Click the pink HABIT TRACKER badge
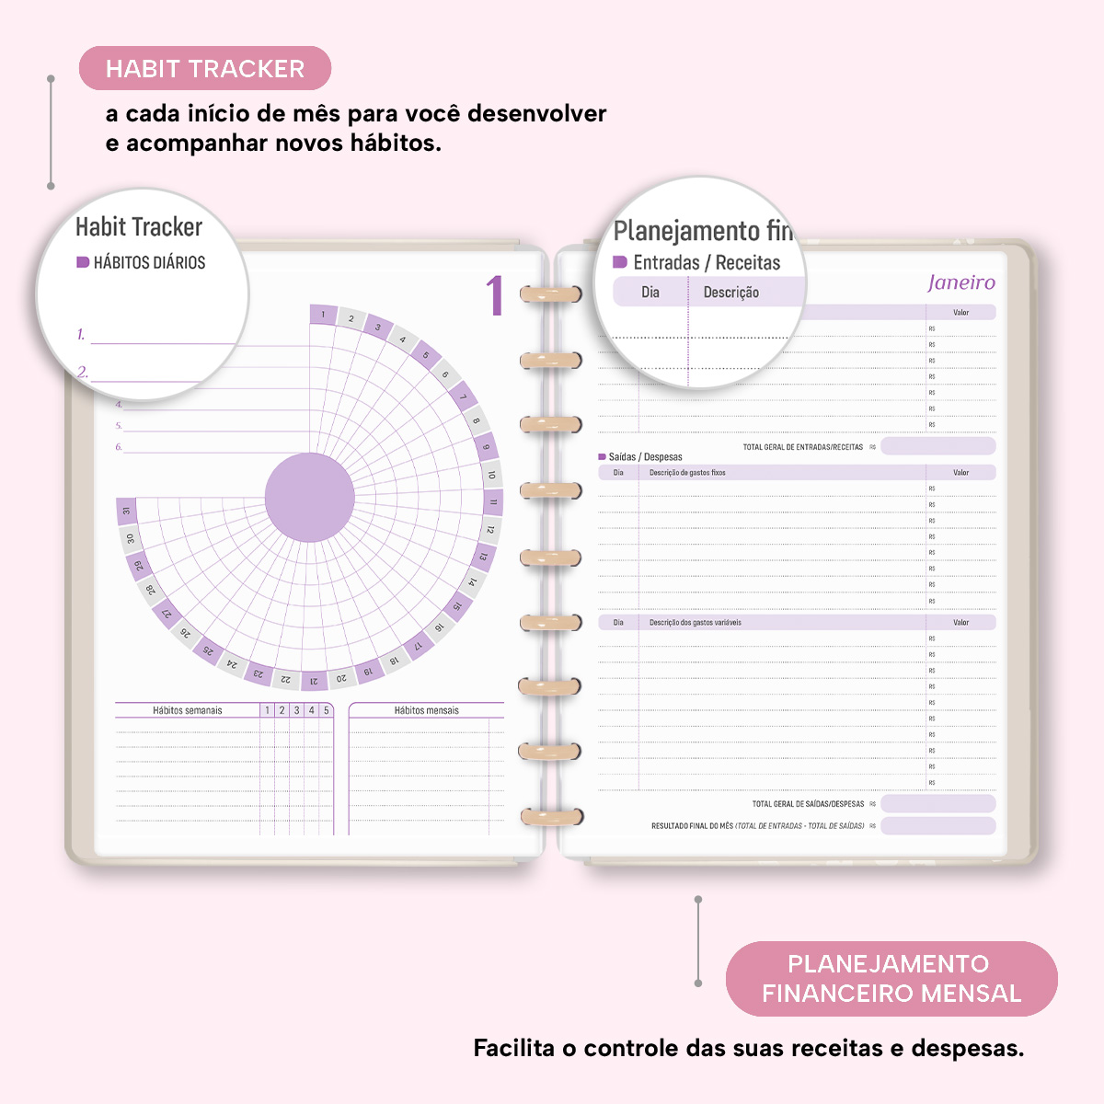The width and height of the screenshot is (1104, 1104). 204,69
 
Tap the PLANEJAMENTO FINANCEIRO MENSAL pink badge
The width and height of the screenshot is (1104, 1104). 891,979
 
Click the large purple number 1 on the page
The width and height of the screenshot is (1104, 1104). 495,296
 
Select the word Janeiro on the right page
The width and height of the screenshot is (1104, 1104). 961,282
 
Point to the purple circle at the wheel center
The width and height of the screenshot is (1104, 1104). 309,498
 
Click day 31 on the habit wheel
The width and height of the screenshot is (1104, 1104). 126,511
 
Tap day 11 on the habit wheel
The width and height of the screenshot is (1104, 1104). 493,502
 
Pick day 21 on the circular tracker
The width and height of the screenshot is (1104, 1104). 314,681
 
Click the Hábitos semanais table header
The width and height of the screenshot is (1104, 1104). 188,710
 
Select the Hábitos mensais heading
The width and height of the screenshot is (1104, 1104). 426,710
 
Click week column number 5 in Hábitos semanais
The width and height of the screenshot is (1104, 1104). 326,710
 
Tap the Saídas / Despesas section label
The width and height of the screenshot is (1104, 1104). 645,457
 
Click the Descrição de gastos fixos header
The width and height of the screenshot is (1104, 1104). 687,473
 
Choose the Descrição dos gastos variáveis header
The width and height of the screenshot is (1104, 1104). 695,623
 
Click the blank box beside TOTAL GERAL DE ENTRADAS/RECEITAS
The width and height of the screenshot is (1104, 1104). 937,447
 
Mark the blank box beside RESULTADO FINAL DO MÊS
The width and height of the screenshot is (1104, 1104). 937,826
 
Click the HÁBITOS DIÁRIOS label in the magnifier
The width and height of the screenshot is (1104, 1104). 149,263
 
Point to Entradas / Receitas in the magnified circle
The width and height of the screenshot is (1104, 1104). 706,263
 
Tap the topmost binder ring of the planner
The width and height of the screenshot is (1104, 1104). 550,294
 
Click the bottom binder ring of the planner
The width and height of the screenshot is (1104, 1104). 550,816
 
